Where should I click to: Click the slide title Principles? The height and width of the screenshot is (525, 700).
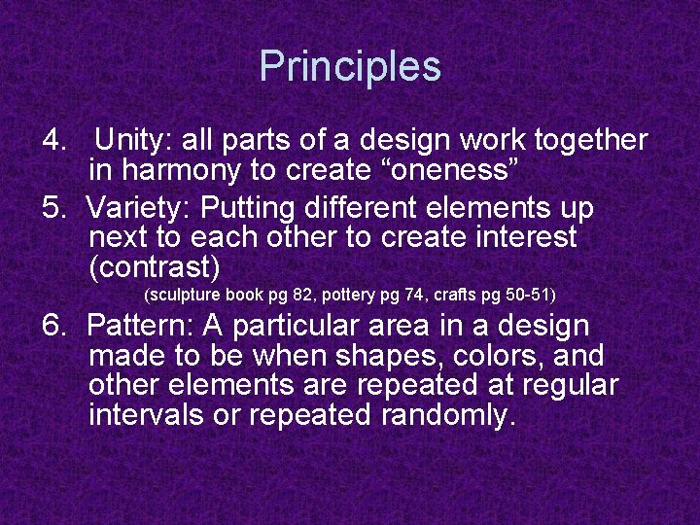coord(350,67)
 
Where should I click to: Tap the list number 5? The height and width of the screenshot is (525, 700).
coord(53,209)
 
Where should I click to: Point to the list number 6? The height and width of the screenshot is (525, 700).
coord(53,328)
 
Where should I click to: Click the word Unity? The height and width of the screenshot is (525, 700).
coord(130,141)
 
